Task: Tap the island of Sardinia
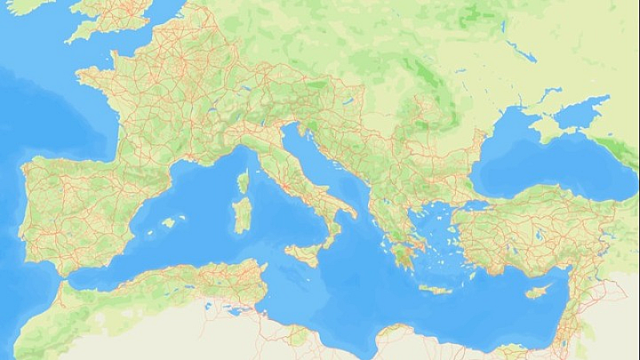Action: pos(241,214)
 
